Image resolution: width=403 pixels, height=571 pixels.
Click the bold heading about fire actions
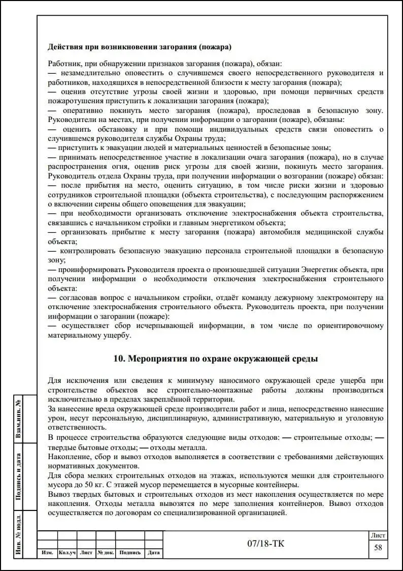click(140, 47)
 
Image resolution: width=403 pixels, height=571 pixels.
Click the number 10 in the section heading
click(119, 358)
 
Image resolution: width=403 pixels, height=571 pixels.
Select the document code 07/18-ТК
click(265, 544)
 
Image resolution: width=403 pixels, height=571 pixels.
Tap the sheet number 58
click(378, 547)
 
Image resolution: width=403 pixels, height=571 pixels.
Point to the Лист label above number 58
click(378, 535)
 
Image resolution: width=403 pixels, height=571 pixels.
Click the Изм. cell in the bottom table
click(47, 553)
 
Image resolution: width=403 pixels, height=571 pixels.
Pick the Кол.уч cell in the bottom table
click(67, 553)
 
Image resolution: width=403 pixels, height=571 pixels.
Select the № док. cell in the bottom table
click(106, 553)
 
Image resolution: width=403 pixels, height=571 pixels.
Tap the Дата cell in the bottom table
click(153, 553)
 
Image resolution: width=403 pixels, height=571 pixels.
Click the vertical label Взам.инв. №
click(19, 419)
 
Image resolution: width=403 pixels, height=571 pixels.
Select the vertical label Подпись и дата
click(19, 475)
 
